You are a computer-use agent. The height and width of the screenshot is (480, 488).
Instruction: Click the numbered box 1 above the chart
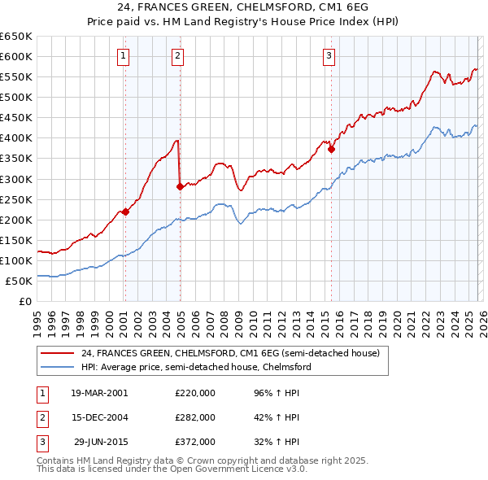point(123,56)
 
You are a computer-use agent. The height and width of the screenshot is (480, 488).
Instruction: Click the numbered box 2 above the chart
point(177,56)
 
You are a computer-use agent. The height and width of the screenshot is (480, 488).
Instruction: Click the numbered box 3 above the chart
point(329,56)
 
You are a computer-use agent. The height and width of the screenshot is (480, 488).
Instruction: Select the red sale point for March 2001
point(125,212)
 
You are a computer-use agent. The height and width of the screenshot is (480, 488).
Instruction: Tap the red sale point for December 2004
point(180,186)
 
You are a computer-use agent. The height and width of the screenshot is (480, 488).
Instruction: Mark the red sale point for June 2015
point(331,150)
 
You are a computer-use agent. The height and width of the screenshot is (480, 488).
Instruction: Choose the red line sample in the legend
point(57,353)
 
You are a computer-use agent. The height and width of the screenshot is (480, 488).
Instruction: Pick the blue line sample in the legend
point(57,367)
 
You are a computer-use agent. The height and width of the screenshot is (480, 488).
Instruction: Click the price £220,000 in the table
point(195,392)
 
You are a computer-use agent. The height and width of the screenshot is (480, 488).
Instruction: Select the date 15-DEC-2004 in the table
point(99,417)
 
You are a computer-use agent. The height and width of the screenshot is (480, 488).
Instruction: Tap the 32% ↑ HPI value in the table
point(277,442)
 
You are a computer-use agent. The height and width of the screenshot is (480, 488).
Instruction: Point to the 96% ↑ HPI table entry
point(277,392)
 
